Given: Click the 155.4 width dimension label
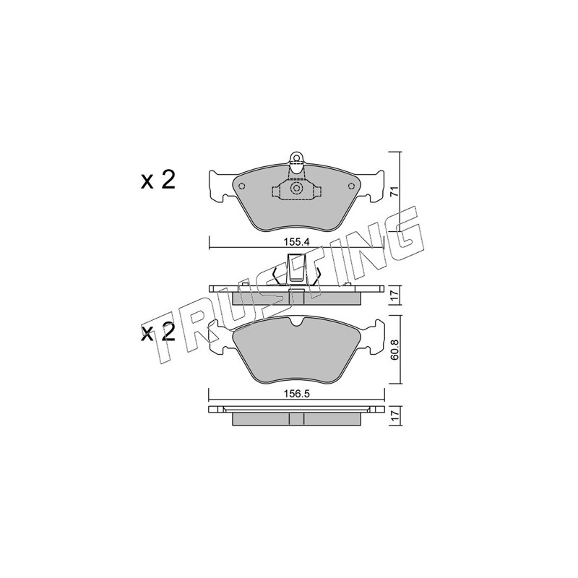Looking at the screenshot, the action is (x=296, y=242).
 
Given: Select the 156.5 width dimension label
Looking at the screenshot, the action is (x=296, y=393).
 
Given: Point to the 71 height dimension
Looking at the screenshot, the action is (x=394, y=191).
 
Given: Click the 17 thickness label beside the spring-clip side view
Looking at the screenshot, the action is (x=394, y=295).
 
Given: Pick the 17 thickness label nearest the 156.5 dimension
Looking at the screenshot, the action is (x=394, y=417).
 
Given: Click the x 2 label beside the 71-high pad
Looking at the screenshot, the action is (x=158, y=180).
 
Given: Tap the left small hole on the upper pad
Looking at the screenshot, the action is (x=241, y=186).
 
